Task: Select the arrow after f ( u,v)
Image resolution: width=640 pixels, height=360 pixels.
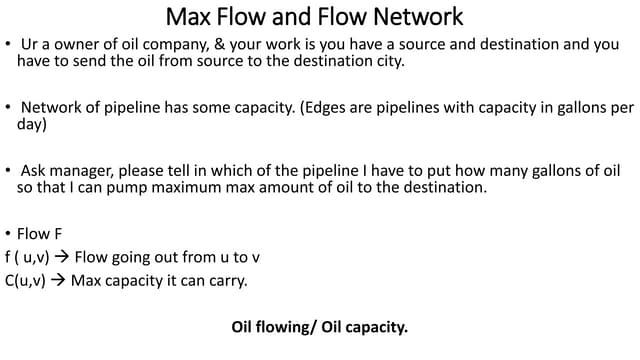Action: pyautogui.click(x=61, y=257)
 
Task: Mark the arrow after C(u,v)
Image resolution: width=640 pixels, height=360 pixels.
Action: pyautogui.click(x=57, y=280)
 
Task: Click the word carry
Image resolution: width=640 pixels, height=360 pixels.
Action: pyautogui.click(x=226, y=280)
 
